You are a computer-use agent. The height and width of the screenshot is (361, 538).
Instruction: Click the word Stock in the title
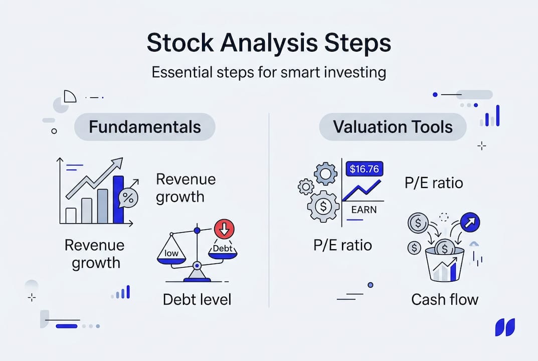180,43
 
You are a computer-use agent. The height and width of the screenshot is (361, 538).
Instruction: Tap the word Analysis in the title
269,44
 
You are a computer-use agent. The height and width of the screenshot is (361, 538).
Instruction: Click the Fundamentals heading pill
145,127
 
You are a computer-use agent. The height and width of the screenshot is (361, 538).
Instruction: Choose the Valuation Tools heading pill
393,127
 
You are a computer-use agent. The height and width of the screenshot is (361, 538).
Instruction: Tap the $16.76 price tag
364,169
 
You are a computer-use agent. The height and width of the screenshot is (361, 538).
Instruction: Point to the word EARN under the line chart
364,210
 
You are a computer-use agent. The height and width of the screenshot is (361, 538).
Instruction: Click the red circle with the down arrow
225,229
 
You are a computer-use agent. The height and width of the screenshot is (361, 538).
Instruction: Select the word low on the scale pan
171,253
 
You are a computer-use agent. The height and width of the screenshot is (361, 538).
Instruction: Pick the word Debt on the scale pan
223,248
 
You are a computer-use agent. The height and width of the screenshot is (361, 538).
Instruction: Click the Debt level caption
197,299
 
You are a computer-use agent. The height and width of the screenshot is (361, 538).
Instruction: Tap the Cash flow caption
445,299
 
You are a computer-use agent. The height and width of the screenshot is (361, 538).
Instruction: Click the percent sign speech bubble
128,198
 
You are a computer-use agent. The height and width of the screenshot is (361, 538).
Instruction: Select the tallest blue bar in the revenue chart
118,200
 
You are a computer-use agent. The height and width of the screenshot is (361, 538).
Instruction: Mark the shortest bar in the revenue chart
71,216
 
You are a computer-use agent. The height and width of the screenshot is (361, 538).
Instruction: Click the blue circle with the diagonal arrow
470,222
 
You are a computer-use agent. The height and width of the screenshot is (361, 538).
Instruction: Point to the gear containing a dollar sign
323,207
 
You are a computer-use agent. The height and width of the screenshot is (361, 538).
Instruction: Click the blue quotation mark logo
505,327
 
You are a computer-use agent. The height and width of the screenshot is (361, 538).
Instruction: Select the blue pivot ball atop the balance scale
197,230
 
